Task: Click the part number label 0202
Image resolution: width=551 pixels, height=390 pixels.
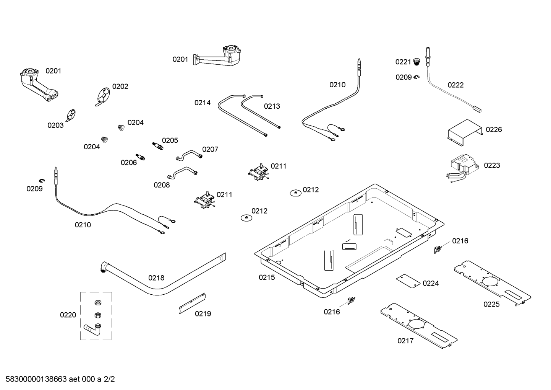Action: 120,86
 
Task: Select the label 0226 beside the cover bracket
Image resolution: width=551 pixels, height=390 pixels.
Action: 494,130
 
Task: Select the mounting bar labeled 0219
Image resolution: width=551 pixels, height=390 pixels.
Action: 193,304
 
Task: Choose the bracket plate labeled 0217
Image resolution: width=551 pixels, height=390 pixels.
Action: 419,326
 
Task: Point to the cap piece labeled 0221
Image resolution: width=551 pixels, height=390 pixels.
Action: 417,62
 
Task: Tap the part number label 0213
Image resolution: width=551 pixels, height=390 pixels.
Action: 272,106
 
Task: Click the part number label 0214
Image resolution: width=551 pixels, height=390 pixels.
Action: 202,103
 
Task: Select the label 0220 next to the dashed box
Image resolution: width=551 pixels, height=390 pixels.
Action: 68,315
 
